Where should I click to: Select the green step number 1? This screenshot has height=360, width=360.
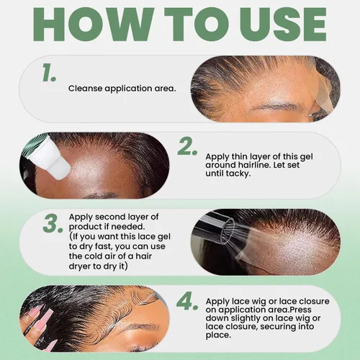click(x=49, y=72)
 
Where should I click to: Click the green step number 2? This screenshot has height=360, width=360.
click(x=187, y=146)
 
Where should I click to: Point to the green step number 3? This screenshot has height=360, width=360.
click(x=53, y=223)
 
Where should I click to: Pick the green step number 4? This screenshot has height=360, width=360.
click(x=187, y=301)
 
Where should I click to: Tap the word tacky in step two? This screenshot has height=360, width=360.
click(x=238, y=174)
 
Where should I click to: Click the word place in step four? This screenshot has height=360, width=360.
click(x=218, y=336)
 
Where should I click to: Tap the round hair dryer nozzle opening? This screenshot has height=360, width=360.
click(x=227, y=230)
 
